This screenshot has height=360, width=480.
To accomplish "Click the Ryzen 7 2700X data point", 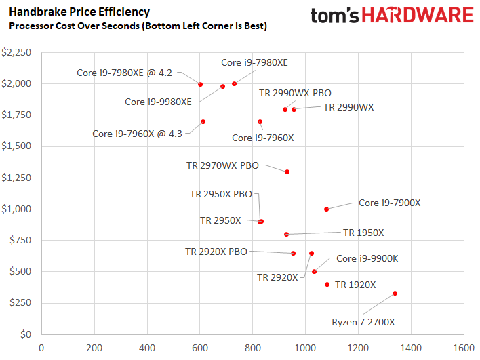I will pyautogui.click(x=395, y=294).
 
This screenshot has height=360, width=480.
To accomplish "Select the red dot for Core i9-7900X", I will pyautogui.click(x=326, y=209).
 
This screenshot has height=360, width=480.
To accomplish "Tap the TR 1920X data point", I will pyautogui.click(x=327, y=285).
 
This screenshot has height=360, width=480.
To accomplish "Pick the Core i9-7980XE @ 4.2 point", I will pyautogui.click(x=201, y=84).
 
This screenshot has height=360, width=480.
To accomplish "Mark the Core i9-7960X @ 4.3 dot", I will pyautogui.click(x=203, y=122).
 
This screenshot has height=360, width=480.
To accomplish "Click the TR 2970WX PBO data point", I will pyautogui.click(x=287, y=172).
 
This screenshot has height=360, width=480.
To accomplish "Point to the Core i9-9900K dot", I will pyautogui.click(x=314, y=272).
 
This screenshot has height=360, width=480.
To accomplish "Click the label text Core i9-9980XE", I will pyautogui.click(x=159, y=102).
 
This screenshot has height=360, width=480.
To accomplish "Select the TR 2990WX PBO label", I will pyautogui.click(x=296, y=94).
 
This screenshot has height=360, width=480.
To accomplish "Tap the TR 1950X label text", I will pyautogui.click(x=363, y=233).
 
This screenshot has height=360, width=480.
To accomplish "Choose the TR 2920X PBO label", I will pyautogui.click(x=216, y=252).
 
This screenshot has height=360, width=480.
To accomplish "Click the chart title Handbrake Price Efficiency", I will pyautogui.click(x=79, y=12).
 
